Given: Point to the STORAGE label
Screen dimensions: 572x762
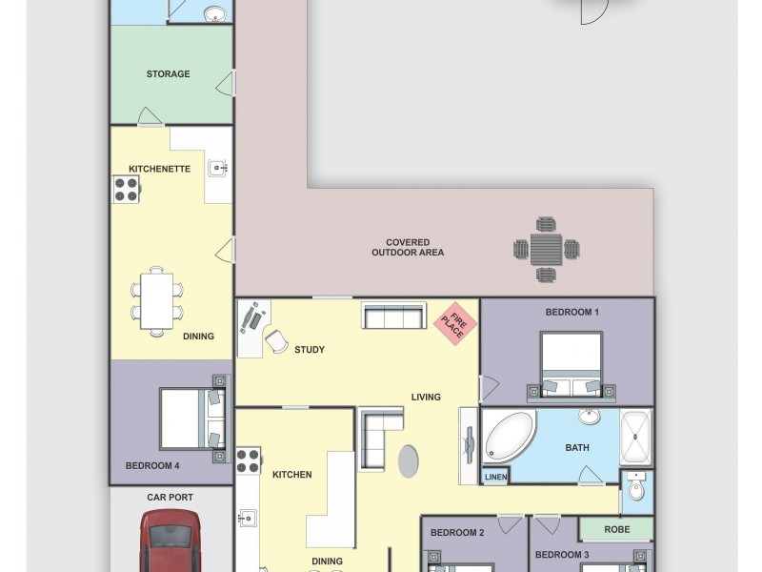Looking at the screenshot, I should point(168,73).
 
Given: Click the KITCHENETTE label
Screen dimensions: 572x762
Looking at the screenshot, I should point(160,169).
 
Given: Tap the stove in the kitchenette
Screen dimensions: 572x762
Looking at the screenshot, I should point(127,190).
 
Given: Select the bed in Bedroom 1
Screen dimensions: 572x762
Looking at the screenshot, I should point(571,364).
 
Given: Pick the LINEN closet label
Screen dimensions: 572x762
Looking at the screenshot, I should point(496,477).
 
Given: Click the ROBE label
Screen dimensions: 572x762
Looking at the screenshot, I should point(616,529).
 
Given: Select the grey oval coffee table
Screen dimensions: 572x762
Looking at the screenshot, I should point(407,462).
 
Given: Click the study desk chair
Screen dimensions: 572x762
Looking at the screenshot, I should point(276,340).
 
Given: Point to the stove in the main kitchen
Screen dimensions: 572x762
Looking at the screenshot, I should point(250,461).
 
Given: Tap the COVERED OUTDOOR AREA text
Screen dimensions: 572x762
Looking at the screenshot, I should point(408,247).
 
